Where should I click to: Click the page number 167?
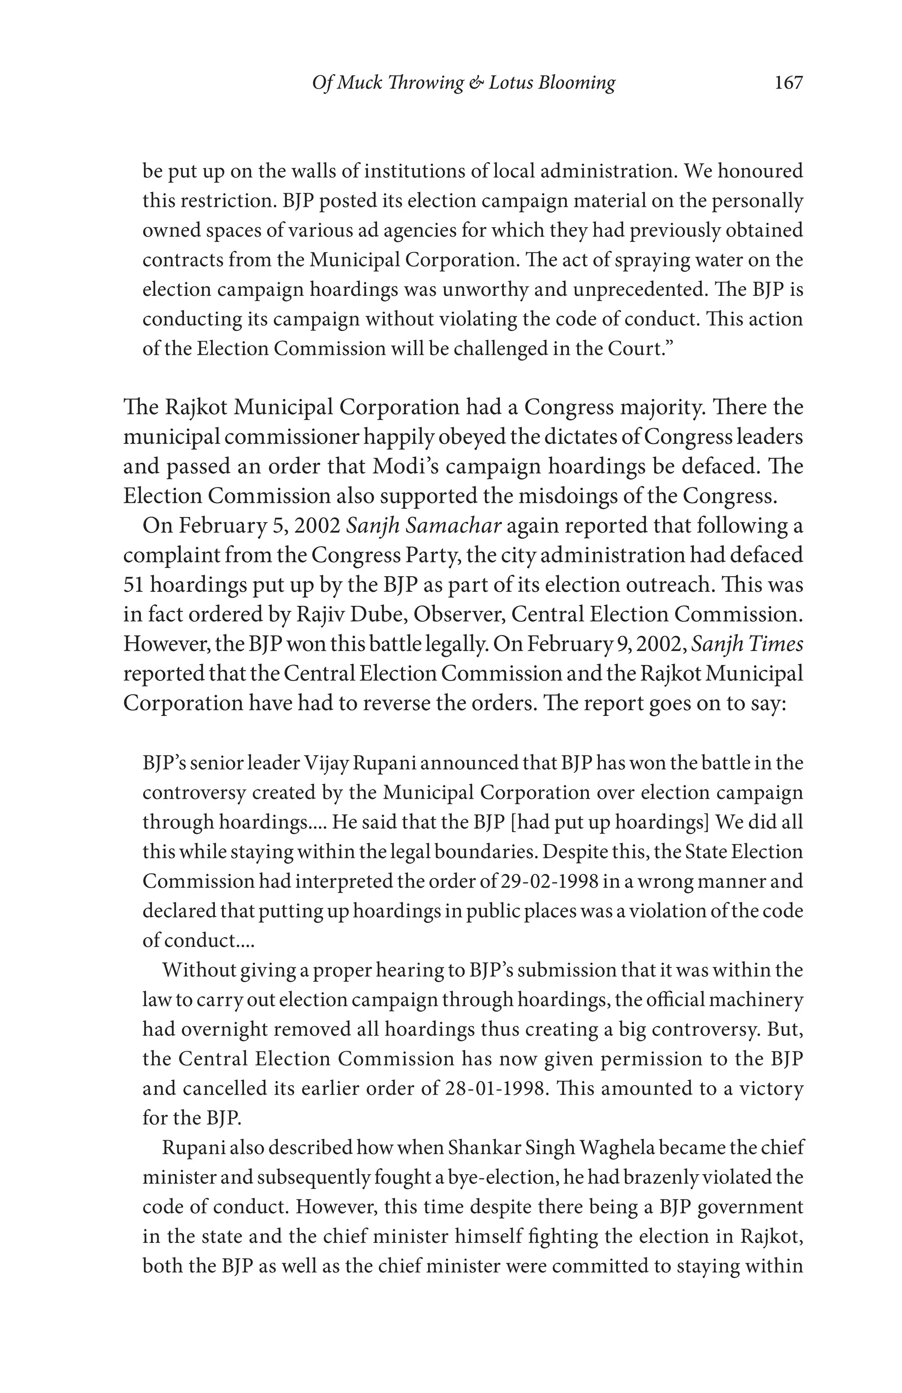click(788, 82)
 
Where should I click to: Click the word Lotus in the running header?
click(510, 82)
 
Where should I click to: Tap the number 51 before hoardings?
click(133, 585)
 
